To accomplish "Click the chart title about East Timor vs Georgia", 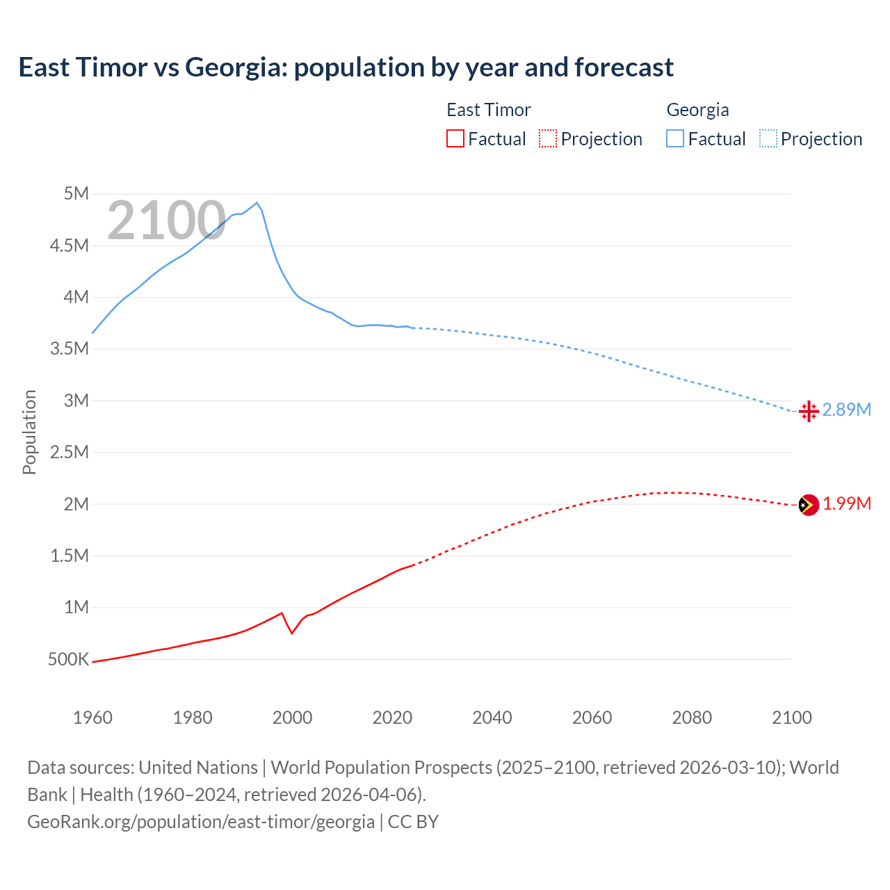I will pyautogui.click(x=346, y=67).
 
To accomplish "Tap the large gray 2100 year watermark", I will pyautogui.click(x=166, y=220).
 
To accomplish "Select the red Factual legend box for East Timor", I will pyautogui.click(x=455, y=138).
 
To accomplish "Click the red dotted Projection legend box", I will pyautogui.click(x=548, y=138).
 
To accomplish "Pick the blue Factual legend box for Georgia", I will pyautogui.click(x=674, y=138).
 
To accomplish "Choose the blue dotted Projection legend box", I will pyautogui.click(x=768, y=138).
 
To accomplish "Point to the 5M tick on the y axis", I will pyautogui.click(x=76, y=193).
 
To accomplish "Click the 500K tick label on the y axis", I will pyautogui.click(x=69, y=659).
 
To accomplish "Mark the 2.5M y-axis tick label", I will pyautogui.click(x=70, y=452).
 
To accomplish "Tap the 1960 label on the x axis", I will pyautogui.click(x=92, y=718).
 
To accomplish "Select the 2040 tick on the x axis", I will pyautogui.click(x=492, y=718).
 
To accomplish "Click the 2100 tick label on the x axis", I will pyautogui.click(x=791, y=718).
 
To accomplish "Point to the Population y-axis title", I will pyautogui.click(x=29, y=432).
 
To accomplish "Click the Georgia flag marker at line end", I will pyautogui.click(x=809, y=411).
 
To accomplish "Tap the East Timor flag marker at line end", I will pyautogui.click(x=809, y=505).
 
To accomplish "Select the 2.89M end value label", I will pyautogui.click(x=847, y=410).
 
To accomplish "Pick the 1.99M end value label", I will pyautogui.click(x=847, y=504).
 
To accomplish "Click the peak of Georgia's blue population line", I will pyautogui.click(x=257, y=203).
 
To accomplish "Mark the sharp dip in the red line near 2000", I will pyautogui.click(x=292, y=633).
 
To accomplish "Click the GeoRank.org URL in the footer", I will pyautogui.click(x=201, y=822).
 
